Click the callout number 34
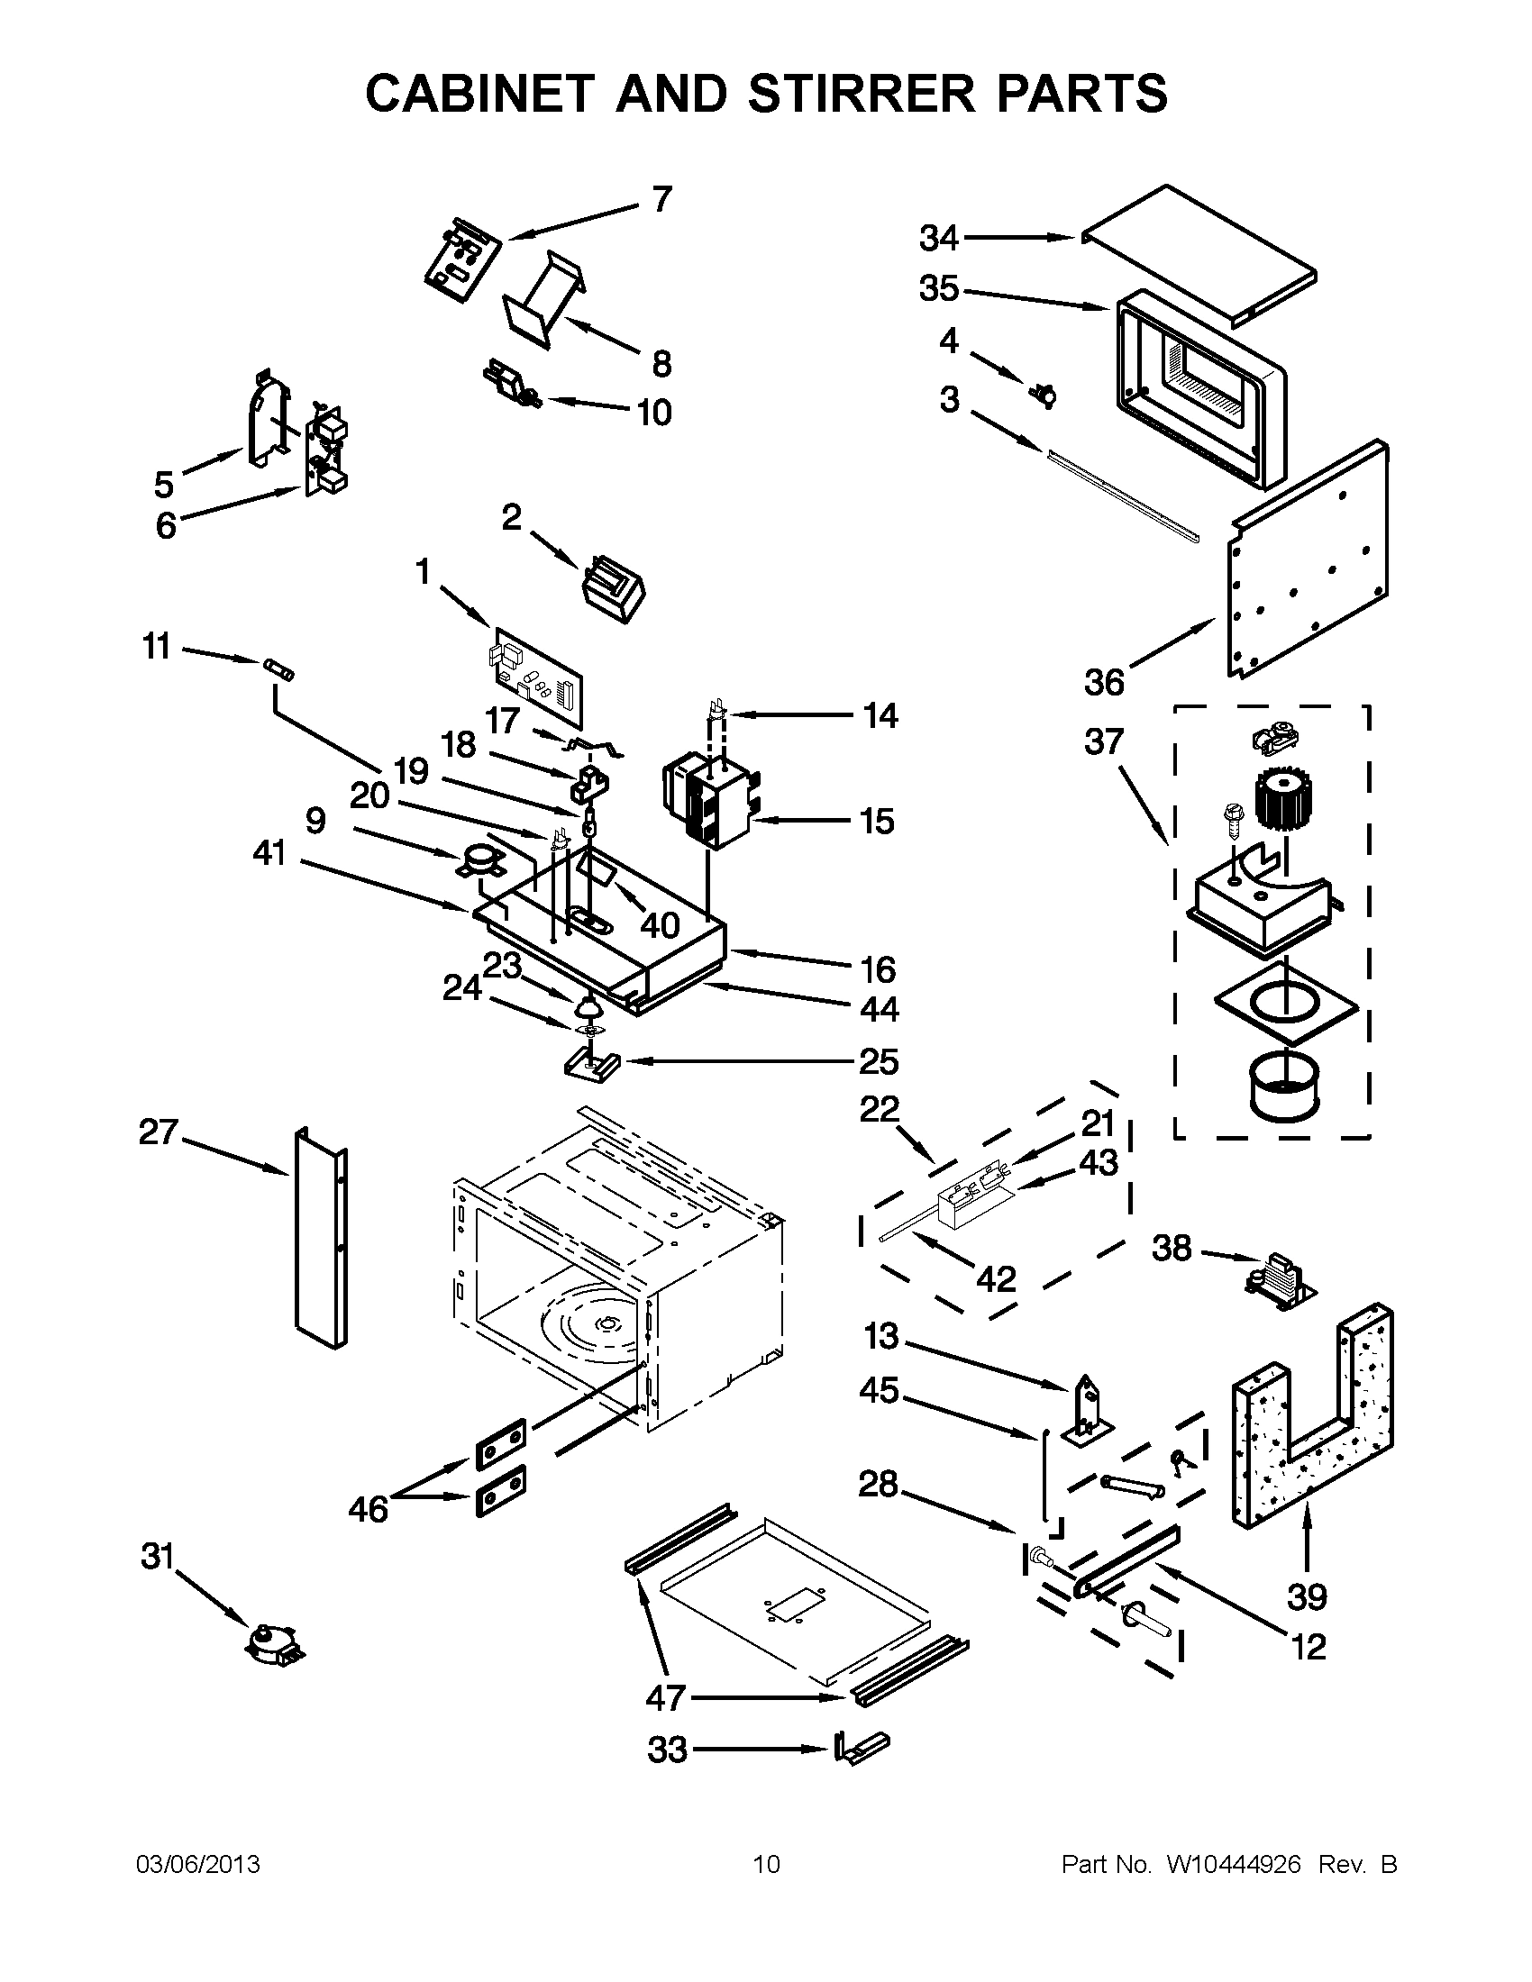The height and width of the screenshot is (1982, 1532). coord(938,239)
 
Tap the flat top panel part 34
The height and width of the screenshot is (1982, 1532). coord(1198,255)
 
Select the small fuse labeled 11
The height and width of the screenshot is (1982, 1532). coord(276,669)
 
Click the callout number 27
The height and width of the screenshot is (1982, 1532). coord(159,1132)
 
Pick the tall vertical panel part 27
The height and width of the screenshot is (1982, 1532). coord(320,1238)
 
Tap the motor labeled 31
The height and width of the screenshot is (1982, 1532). coord(274,1641)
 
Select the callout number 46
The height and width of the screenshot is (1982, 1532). coord(368,1510)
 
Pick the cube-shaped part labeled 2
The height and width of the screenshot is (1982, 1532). coord(613,589)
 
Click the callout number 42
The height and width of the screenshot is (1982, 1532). coord(996,1278)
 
